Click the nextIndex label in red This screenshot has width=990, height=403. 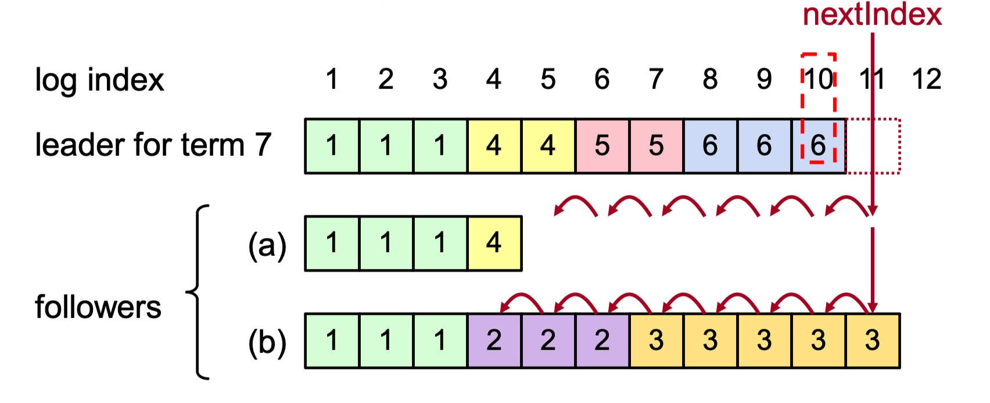click(871, 15)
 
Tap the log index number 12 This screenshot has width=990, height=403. click(926, 79)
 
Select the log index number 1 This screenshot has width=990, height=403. click(332, 79)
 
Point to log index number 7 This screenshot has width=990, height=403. click(656, 79)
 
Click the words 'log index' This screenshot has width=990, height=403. click(99, 80)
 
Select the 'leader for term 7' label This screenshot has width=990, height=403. click(153, 145)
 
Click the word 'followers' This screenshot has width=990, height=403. click(98, 307)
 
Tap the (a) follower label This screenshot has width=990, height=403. click(267, 245)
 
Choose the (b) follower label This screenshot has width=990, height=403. click(267, 343)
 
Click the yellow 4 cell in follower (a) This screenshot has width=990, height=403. click(494, 243)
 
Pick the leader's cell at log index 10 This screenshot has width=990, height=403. click(818, 146)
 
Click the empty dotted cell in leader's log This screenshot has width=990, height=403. click(873, 146)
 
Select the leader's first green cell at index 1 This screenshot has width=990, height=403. click(332, 146)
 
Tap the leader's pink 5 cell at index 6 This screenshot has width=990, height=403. click(602, 146)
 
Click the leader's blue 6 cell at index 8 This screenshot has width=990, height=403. click(710, 146)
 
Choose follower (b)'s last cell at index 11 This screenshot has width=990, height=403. click(873, 341)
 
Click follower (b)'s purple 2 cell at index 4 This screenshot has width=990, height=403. click(494, 341)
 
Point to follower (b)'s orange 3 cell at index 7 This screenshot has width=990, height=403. click(656, 341)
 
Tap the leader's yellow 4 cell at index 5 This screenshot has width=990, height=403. click(548, 146)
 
